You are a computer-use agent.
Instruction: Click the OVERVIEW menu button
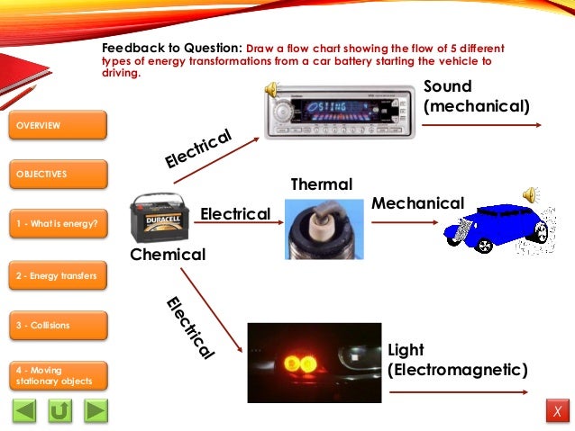(59, 125)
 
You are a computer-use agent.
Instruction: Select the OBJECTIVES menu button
(59, 174)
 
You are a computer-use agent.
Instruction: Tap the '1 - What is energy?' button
(59, 223)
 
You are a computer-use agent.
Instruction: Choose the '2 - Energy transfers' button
(59, 274)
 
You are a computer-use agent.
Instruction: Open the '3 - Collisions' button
(59, 325)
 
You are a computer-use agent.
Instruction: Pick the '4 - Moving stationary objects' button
(59, 375)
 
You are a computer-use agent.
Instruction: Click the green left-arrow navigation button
(25, 411)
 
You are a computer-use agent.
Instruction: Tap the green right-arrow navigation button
(96, 411)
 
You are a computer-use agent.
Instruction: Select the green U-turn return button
(60, 411)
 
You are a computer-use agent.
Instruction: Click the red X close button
(557, 412)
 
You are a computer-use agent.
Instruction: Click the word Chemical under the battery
(168, 255)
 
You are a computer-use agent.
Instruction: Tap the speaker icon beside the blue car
(531, 194)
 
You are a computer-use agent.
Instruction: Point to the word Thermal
(321, 184)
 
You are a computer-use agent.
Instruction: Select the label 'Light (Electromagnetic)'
(456, 360)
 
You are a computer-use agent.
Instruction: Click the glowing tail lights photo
(314, 362)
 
